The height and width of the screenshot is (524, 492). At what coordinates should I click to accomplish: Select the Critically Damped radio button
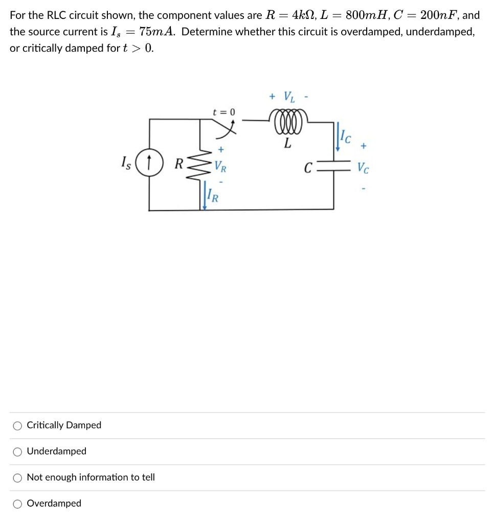point(17,425)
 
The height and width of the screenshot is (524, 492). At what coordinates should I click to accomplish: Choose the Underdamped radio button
point(17,451)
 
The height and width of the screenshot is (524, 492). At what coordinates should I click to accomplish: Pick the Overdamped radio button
point(17,504)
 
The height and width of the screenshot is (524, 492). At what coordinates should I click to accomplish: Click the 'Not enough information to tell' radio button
point(17,477)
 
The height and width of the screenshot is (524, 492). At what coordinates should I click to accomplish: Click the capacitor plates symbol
point(333,167)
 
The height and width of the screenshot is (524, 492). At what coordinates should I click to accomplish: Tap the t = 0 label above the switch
point(223,112)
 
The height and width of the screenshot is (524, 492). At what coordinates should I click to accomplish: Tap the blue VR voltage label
point(220,166)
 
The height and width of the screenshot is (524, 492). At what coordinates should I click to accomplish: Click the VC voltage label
point(363,167)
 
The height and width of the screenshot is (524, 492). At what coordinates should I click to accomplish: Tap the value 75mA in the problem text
point(156,32)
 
